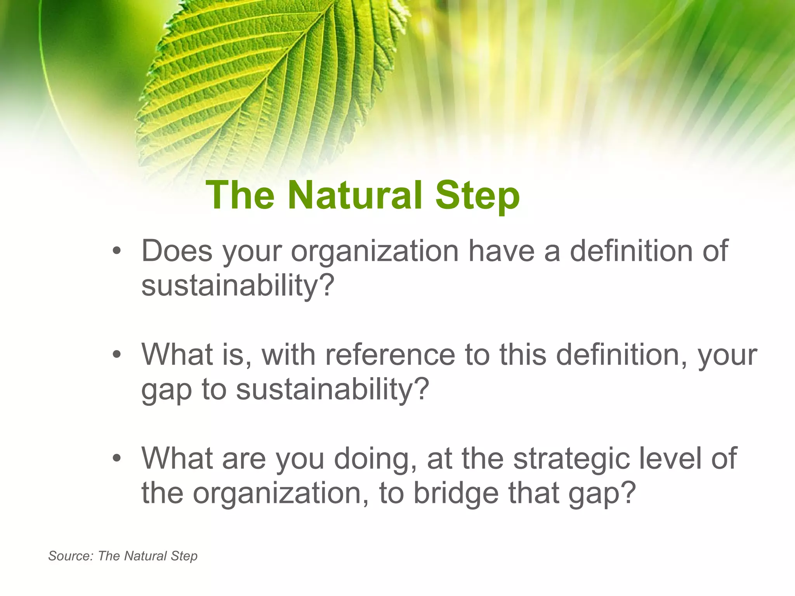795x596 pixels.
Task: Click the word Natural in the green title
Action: coord(355,195)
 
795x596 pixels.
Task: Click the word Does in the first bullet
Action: coord(177,251)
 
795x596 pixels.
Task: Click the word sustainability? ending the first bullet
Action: coord(238,286)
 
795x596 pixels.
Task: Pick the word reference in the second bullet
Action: coord(390,355)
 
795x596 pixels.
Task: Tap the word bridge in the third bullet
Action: coord(456,494)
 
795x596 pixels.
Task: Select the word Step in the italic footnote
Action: coord(184,556)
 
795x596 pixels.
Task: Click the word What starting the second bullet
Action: coord(177,355)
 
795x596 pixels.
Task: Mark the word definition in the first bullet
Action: coord(631,251)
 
